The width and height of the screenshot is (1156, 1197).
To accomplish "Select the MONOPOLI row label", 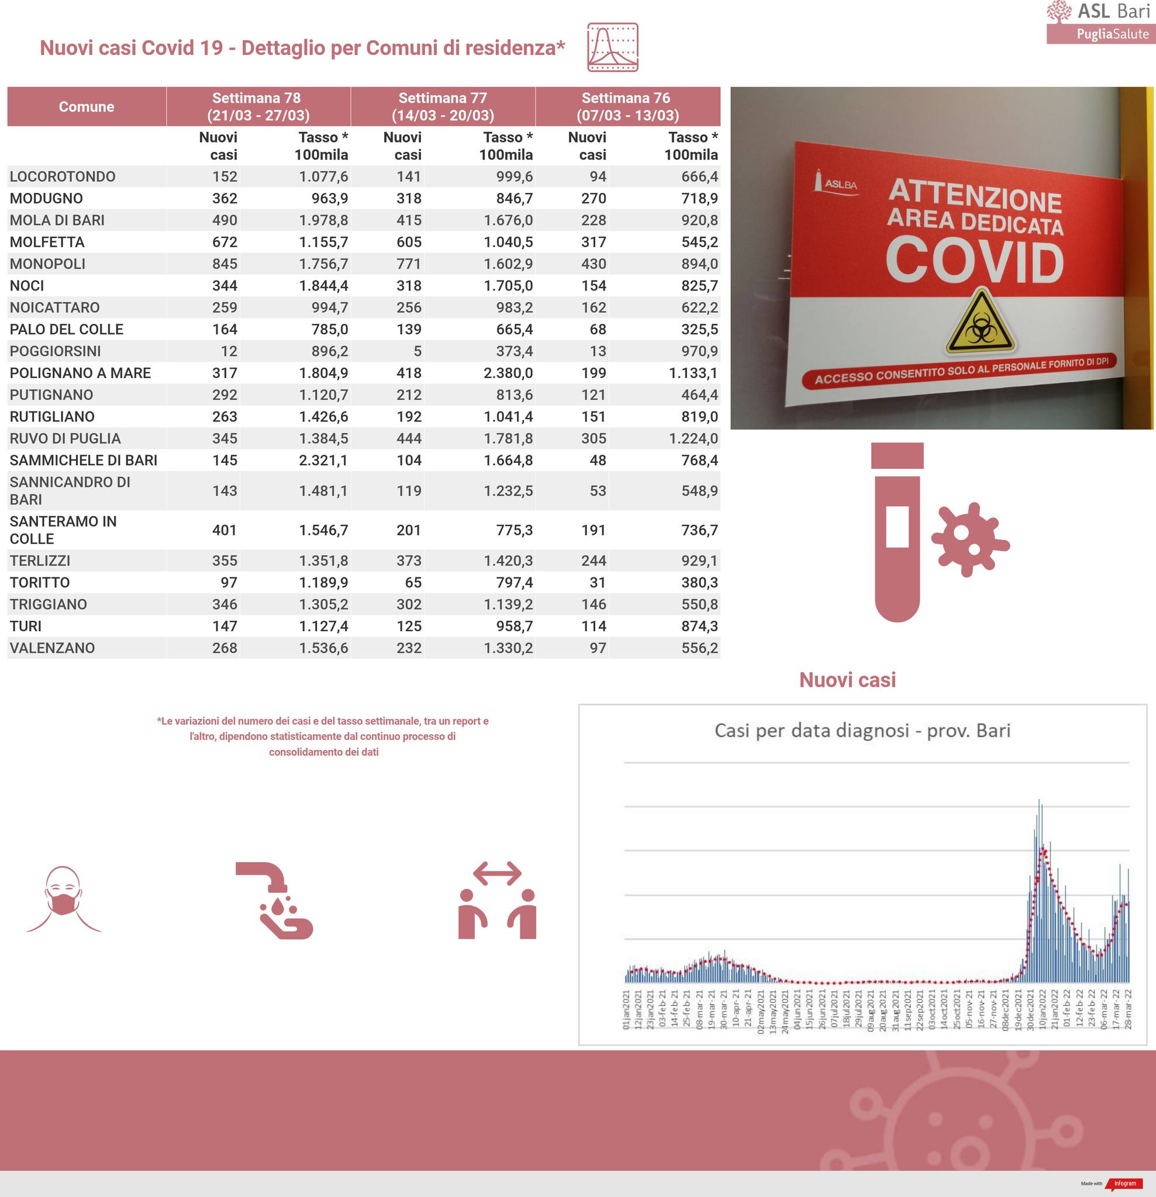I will [48, 264].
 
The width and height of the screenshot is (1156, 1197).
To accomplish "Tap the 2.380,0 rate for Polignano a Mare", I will [508, 372].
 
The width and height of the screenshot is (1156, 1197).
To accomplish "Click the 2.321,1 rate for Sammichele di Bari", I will [323, 460].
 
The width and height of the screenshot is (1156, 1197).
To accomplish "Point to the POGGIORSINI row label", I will [55, 351].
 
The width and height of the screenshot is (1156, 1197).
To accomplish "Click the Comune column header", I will [86, 106].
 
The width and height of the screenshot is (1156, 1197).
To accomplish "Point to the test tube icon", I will [897, 531].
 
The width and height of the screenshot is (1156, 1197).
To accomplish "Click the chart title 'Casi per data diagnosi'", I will [861, 731].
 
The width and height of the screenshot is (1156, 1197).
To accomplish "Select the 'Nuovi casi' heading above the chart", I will [847, 680].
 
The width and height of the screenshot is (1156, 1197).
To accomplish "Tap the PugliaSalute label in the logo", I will [1112, 34].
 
